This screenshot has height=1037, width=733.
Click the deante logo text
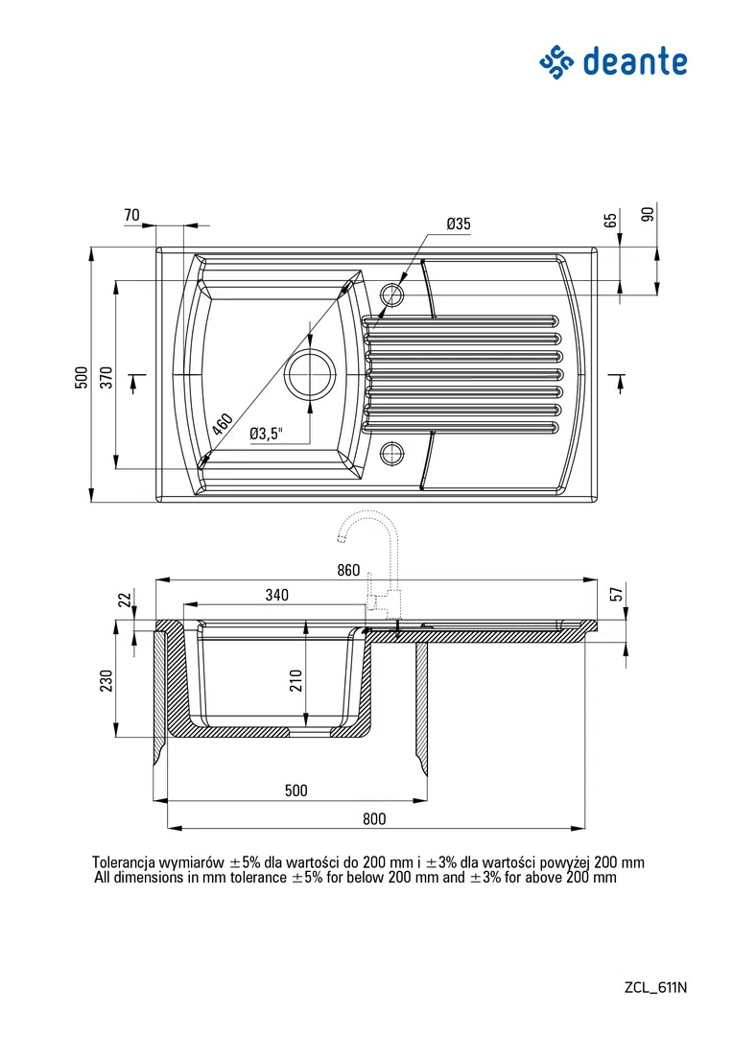point(635,62)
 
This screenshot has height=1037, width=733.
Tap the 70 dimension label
point(131,215)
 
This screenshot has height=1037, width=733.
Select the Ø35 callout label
point(459,224)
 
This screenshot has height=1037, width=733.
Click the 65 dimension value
point(612,219)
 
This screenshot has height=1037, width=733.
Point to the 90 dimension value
point(648,214)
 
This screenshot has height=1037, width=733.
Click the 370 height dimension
point(106,377)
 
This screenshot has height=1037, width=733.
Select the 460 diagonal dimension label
point(223,423)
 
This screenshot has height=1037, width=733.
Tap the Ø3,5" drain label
point(266,434)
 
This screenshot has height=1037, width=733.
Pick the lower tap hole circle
point(391,453)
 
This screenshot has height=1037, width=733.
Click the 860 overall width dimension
point(348,570)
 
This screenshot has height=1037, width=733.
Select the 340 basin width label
point(276,595)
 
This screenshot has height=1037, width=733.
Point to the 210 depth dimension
point(296,680)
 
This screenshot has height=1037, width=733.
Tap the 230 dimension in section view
point(106,680)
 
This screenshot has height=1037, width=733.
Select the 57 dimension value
point(617,594)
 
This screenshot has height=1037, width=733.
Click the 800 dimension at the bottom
point(374,818)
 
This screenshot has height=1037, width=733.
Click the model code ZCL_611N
point(655,987)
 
